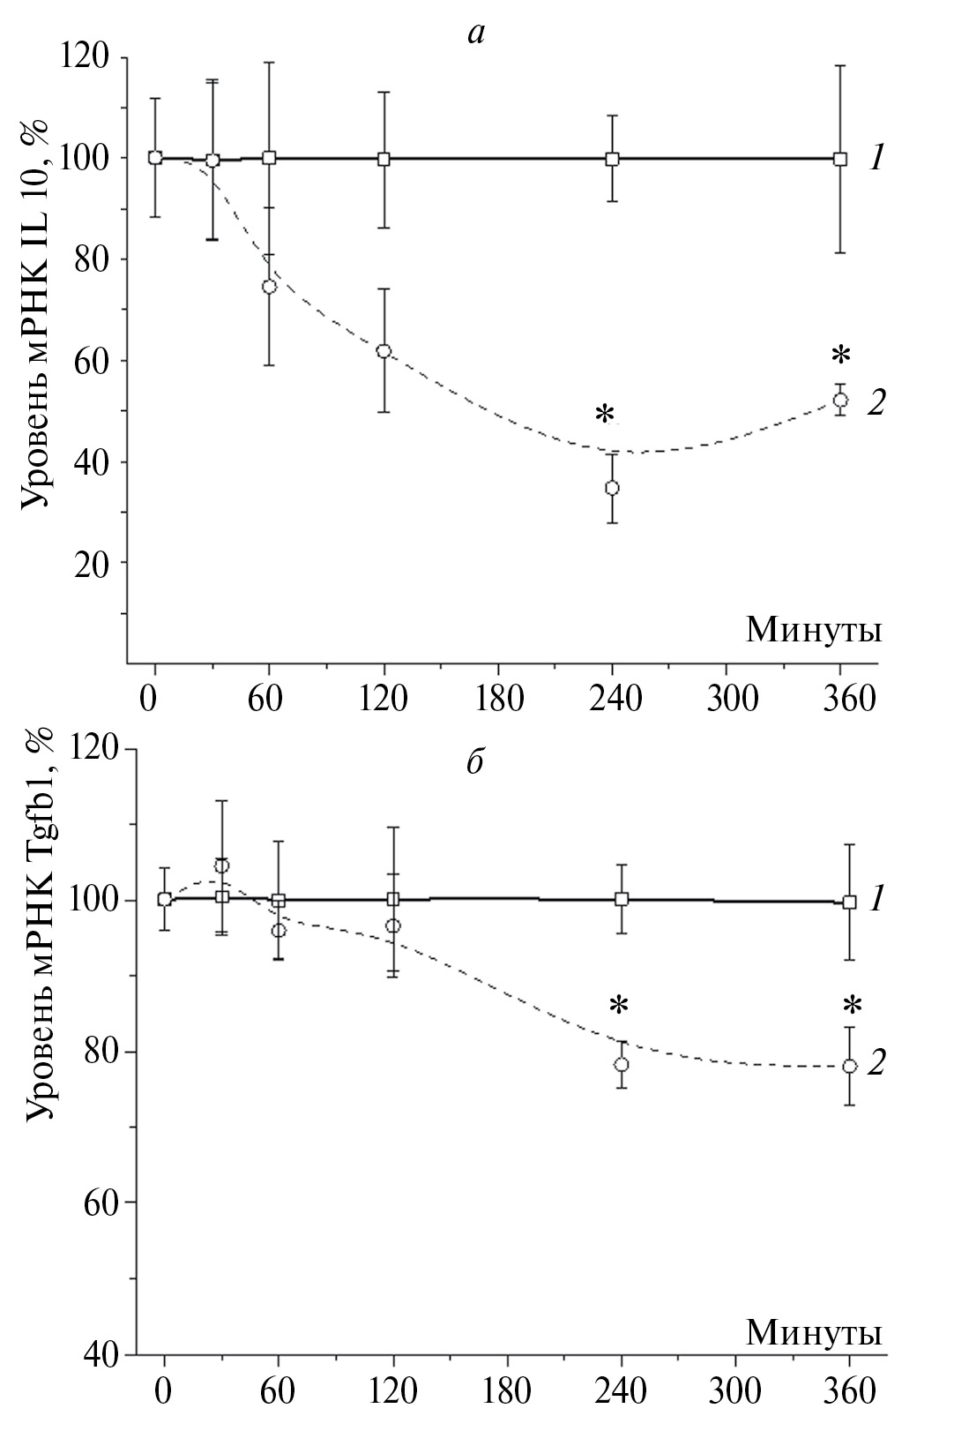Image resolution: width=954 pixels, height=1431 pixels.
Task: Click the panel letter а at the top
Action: click(x=476, y=34)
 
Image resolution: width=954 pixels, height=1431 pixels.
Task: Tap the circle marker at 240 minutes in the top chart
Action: click(x=612, y=488)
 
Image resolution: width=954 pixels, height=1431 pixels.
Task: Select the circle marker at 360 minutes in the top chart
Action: click(x=840, y=400)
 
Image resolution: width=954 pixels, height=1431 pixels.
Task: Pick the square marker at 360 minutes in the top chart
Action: click(x=840, y=159)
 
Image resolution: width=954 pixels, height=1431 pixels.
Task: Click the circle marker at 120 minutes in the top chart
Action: click(x=384, y=351)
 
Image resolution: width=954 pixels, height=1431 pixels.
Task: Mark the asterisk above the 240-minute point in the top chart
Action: click(x=604, y=415)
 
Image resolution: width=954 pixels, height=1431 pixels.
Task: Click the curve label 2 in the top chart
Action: click(x=876, y=403)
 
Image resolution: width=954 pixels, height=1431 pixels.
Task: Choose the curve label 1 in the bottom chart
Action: click(x=876, y=901)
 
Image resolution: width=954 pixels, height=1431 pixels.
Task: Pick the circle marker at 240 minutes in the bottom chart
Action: click(x=622, y=1064)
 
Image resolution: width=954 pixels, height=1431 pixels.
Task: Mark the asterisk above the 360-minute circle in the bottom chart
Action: click(x=851, y=1006)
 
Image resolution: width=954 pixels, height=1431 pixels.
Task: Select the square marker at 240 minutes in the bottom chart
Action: click(x=622, y=899)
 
